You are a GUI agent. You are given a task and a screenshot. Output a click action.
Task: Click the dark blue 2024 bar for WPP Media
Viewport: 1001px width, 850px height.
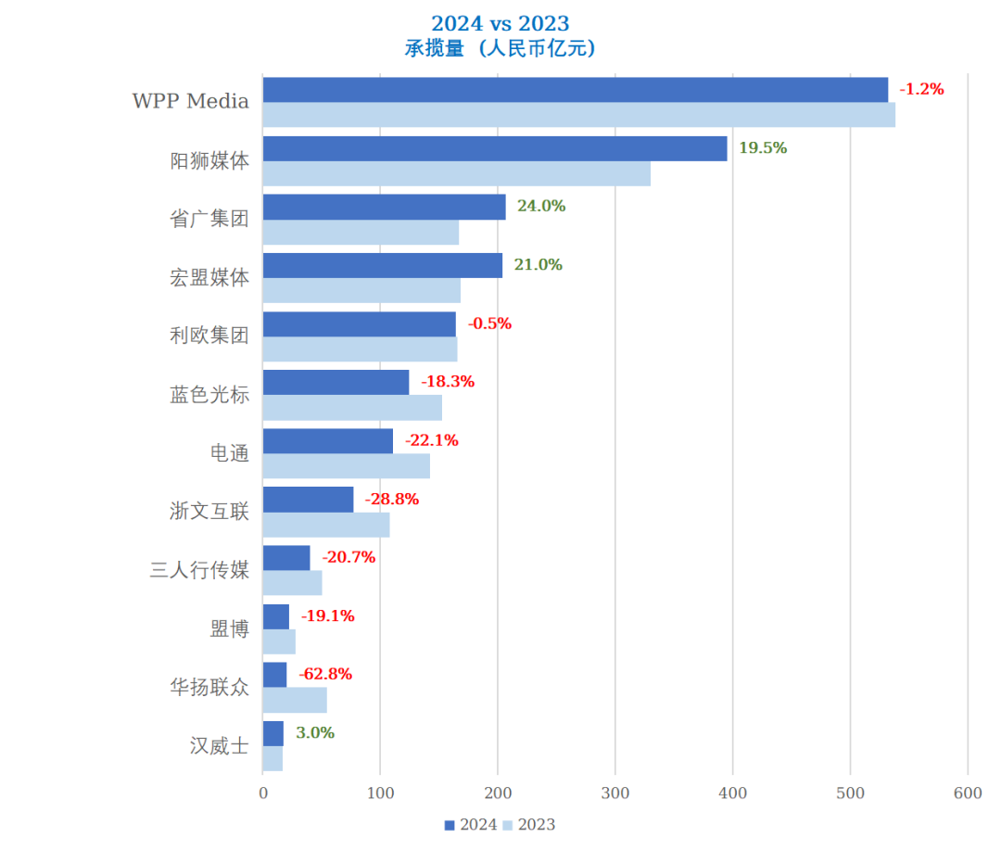click(x=575, y=90)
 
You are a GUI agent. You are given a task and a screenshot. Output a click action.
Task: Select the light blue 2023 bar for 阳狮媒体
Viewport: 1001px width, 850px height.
click(x=456, y=174)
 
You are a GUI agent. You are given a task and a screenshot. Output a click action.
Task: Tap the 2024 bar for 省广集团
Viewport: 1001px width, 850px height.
click(x=384, y=207)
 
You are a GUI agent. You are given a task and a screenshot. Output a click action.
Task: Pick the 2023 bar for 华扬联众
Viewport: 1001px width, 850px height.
click(x=295, y=700)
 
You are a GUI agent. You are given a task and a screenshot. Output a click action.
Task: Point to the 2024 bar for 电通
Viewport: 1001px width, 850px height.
click(x=327, y=440)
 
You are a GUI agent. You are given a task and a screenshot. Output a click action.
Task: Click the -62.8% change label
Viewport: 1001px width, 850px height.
click(x=325, y=674)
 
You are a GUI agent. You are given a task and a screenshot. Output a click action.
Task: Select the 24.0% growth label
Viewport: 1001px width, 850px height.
click(x=541, y=206)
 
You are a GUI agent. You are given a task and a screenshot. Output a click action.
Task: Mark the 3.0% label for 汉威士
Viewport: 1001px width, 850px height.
click(x=315, y=732)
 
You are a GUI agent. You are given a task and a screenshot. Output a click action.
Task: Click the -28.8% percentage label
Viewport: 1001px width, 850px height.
click(x=392, y=499)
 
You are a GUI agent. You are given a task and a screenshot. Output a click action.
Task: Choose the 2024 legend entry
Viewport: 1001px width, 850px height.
click(x=471, y=825)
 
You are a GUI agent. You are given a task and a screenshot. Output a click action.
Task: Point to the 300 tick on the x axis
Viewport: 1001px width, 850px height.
click(x=615, y=793)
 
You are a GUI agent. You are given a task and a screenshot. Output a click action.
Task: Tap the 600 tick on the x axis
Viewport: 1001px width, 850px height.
click(x=968, y=793)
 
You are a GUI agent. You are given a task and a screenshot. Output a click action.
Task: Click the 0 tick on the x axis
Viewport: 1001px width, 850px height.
click(x=263, y=793)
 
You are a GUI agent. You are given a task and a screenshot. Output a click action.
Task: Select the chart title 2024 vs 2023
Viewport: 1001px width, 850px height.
click(x=500, y=23)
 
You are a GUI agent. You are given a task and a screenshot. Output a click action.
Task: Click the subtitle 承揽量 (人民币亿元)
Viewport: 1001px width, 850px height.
click(x=500, y=49)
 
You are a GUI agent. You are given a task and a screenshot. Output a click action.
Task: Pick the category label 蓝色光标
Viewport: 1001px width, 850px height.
click(x=209, y=394)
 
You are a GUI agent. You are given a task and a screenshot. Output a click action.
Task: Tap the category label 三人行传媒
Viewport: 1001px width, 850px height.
click(x=199, y=569)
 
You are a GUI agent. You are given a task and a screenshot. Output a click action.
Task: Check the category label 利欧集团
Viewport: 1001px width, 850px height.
click(x=209, y=336)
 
